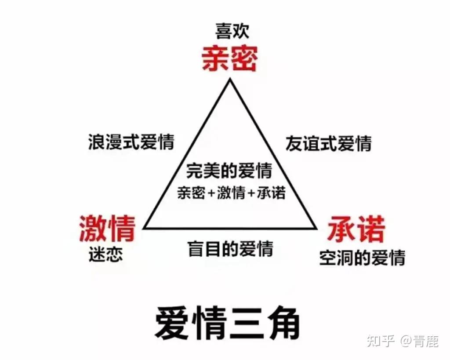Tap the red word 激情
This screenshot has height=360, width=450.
click(x=106, y=228)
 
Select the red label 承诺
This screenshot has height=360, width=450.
click(x=356, y=229)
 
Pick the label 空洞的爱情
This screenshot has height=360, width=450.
click(x=362, y=258)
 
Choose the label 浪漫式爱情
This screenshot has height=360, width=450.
click(x=131, y=143)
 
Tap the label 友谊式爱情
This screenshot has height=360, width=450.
click(x=328, y=144)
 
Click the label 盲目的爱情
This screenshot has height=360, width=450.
click(x=230, y=249)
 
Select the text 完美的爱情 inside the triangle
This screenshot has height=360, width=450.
click(x=229, y=171)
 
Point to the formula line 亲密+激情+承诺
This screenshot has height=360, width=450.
click(x=231, y=193)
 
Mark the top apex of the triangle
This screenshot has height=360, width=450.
click(x=229, y=79)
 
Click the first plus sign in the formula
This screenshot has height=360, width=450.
click(x=212, y=193)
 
